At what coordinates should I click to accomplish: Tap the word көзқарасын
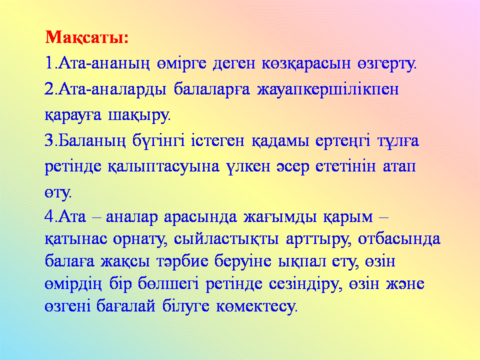(306, 63)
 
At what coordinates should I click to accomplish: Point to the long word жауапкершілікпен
(328, 89)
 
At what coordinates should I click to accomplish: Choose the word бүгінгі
(158, 141)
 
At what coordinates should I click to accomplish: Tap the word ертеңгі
(342, 141)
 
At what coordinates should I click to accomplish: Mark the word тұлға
(398, 141)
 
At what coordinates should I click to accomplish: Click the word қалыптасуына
(163, 167)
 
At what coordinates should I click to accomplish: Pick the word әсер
(293, 167)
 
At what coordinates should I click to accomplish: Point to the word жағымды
(280, 217)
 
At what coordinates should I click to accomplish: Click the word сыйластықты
(226, 239)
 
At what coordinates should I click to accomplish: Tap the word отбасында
(399, 239)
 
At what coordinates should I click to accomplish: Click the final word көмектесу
(257, 306)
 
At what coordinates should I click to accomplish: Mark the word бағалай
(126, 306)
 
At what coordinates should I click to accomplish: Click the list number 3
(49, 141)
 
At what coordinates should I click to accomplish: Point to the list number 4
(49, 216)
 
